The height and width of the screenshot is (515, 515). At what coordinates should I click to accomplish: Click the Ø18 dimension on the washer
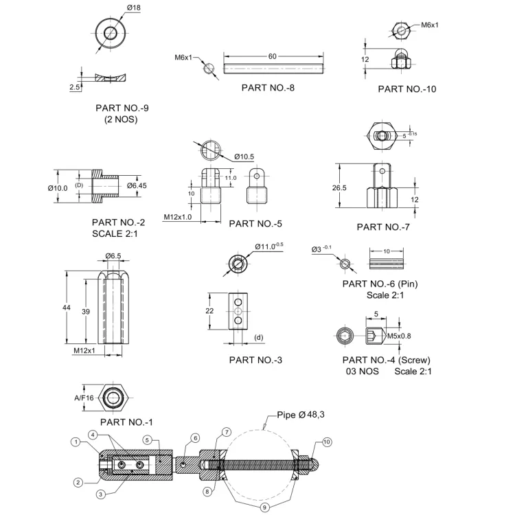click(134, 8)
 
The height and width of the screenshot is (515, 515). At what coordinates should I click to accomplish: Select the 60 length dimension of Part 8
click(273, 56)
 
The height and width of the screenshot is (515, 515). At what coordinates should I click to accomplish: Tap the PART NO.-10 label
click(407, 89)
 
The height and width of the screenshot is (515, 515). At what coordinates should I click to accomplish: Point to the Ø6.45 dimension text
click(137, 185)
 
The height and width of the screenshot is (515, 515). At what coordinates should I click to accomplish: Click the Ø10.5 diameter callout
click(244, 157)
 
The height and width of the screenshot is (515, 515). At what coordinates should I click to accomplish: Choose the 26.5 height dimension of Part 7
click(339, 188)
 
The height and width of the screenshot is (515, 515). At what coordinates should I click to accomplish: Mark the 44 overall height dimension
click(67, 308)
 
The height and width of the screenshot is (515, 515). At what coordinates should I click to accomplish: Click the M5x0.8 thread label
click(399, 336)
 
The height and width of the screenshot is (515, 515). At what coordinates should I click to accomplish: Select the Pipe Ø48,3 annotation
click(301, 415)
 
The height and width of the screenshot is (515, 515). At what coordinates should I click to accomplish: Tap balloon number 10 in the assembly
click(326, 442)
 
